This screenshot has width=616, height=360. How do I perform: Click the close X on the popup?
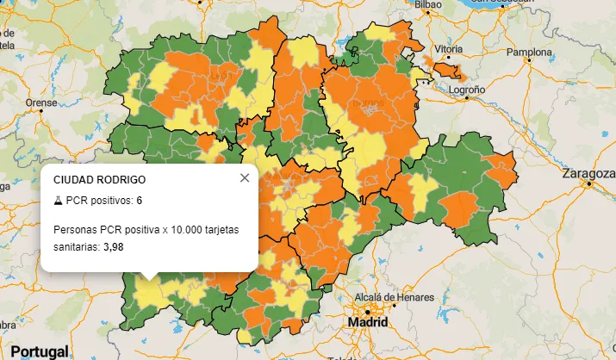(x=245, y=178)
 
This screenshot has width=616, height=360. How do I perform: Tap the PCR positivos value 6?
(x=140, y=201)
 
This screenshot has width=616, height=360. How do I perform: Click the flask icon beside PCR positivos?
(x=58, y=201)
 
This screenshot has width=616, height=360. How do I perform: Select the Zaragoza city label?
(x=588, y=172)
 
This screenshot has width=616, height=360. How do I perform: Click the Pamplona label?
(x=528, y=52)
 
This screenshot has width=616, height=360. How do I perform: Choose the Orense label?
(x=40, y=102)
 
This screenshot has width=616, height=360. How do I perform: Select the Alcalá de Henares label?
(x=390, y=298)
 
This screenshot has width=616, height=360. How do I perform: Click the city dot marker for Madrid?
(x=367, y=311)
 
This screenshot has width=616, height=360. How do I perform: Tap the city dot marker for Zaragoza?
(x=588, y=183)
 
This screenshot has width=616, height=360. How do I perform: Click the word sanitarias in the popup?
(x=76, y=246)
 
